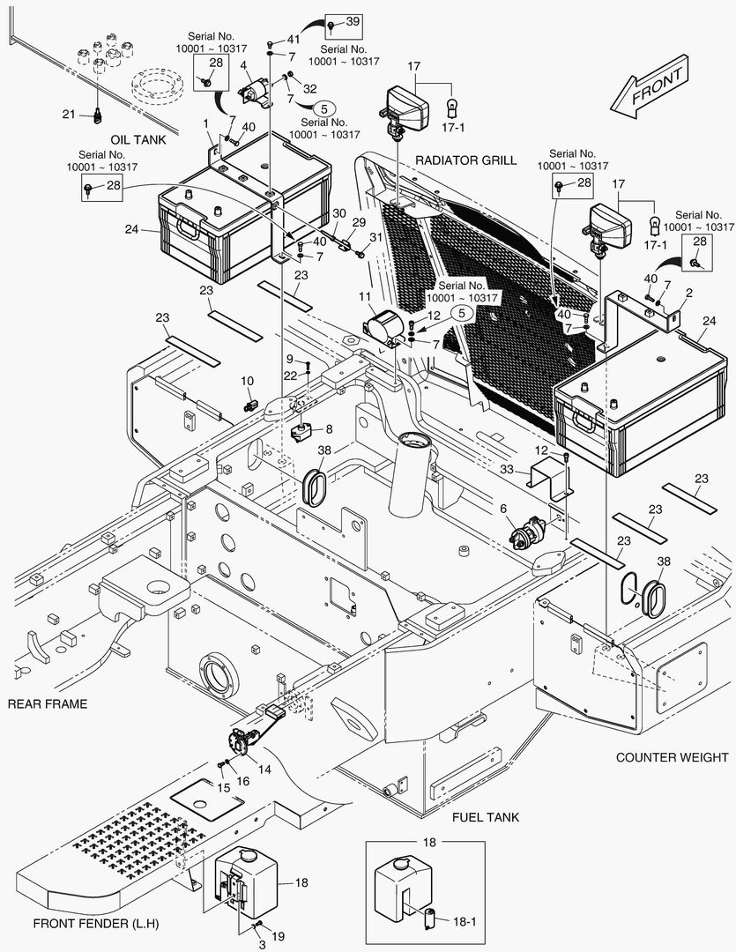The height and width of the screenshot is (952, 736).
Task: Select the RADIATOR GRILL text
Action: click(x=467, y=160)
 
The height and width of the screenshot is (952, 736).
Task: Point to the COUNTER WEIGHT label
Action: click(x=672, y=757)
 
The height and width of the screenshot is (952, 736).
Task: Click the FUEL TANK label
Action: click(x=486, y=817)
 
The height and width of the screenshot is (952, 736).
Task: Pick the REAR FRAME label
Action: click(x=48, y=703)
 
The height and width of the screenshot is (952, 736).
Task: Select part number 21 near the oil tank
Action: click(x=69, y=114)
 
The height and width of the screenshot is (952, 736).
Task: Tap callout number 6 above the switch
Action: click(x=503, y=509)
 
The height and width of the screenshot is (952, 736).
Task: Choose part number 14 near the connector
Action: click(x=264, y=769)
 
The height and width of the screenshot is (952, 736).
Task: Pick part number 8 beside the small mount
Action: click(x=329, y=429)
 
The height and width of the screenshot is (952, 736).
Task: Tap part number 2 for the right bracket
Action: click(x=688, y=292)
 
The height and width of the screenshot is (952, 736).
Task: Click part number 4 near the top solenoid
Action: click(x=243, y=65)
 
